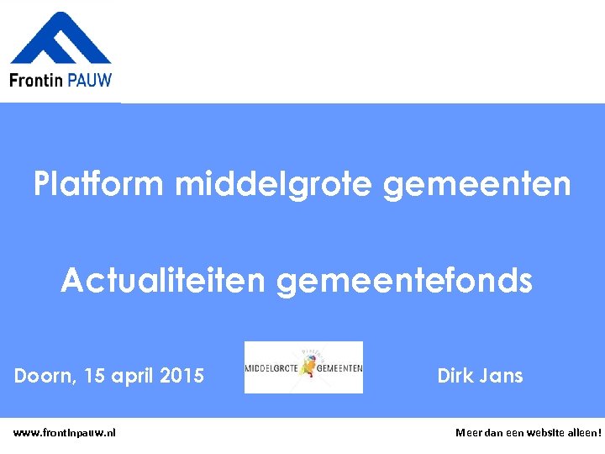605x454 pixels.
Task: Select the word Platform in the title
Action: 101,183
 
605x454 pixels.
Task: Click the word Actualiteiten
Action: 165,282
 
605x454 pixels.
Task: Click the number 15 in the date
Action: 96,376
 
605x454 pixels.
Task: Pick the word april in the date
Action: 134,377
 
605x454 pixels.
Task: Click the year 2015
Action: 182,376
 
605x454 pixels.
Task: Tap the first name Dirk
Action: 455,376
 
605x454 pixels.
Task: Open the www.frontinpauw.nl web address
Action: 65,432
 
